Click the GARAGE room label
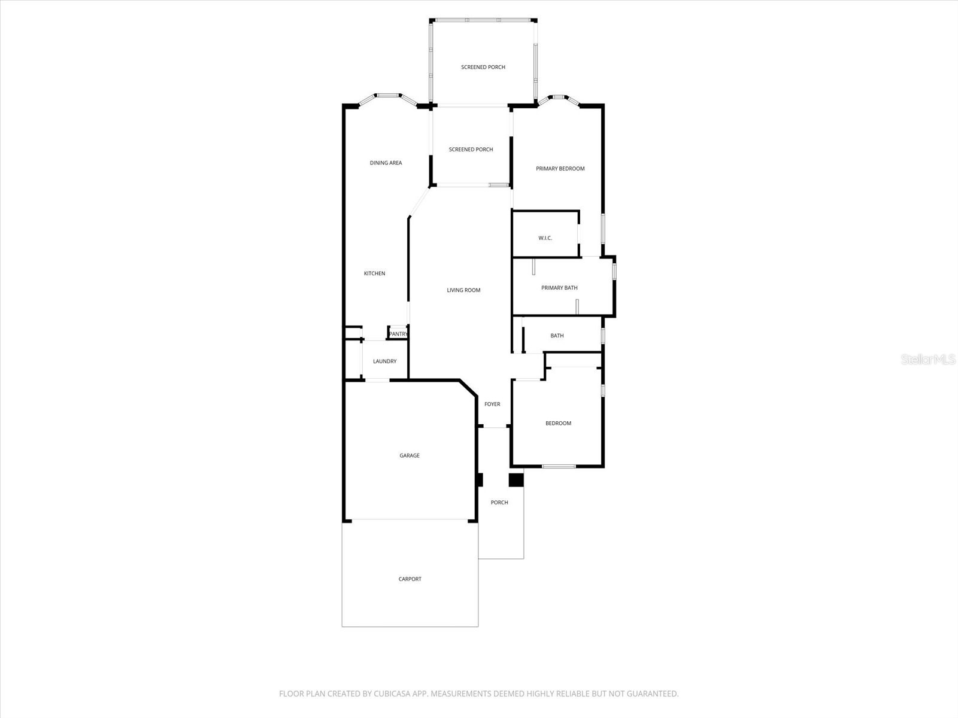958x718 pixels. (410, 456)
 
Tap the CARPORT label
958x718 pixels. (410, 579)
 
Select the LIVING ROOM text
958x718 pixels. (463, 290)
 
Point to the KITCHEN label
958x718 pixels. (375, 273)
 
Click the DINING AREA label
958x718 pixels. (386, 163)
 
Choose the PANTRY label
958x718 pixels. (398, 334)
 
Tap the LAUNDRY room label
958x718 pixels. (384, 361)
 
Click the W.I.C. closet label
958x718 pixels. (545, 238)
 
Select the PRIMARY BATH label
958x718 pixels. (559, 288)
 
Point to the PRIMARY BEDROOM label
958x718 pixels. (560, 169)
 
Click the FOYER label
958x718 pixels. (492, 404)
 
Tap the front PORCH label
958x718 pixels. (499, 503)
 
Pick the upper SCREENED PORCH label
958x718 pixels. (483, 67)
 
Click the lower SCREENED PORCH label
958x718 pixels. (471, 150)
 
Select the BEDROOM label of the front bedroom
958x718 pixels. (558, 424)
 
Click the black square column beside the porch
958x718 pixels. (516, 480)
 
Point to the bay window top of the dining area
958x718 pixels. (387, 95)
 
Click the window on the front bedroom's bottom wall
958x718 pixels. (558, 466)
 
